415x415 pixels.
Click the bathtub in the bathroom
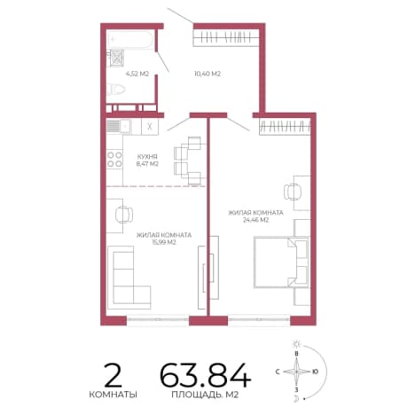(130, 40)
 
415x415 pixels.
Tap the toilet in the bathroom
(116, 89)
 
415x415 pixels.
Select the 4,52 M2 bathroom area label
(137, 74)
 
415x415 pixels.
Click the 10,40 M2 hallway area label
(207, 74)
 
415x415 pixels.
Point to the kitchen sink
(119, 127)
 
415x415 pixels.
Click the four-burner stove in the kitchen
(114, 160)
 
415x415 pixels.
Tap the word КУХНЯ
(147, 157)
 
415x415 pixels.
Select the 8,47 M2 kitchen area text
(147, 164)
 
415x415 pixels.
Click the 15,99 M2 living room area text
(164, 242)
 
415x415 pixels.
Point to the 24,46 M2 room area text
(255, 220)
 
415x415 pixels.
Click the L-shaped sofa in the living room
(129, 278)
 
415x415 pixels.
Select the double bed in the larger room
(281, 262)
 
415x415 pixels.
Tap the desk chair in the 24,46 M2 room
(292, 192)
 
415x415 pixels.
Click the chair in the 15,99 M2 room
(123, 215)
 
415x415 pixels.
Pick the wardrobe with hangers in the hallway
(226, 38)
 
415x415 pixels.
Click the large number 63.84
(205, 375)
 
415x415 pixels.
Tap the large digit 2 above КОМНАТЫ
(114, 375)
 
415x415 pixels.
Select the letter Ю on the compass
(316, 372)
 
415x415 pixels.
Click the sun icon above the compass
(296, 344)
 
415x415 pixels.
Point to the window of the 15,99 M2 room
(158, 319)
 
